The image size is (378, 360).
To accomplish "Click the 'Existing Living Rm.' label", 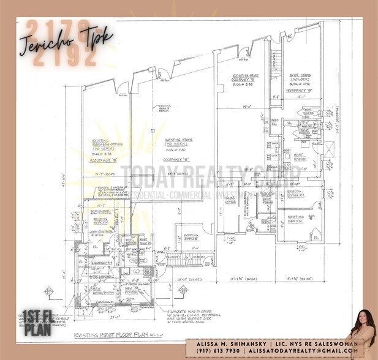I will pyautogui.click(x=295, y=195).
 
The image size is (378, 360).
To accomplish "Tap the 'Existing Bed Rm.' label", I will pyautogui.click(x=292, y=218).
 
